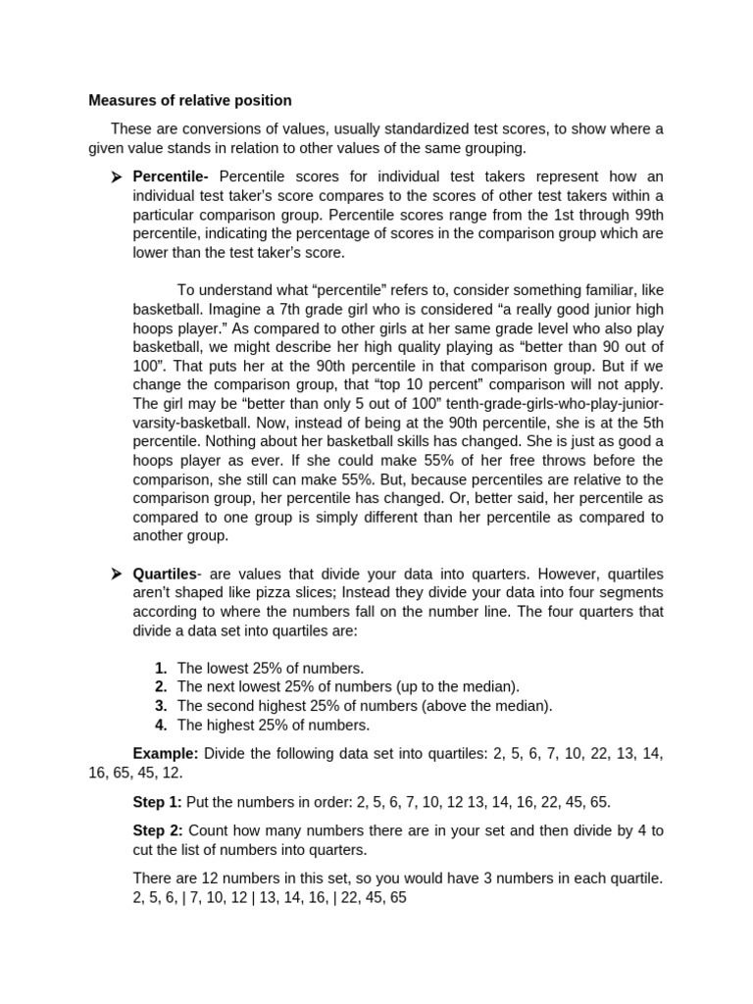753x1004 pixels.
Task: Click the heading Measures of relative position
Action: pos(189,100)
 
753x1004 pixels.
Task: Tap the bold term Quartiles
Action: pos(165,574)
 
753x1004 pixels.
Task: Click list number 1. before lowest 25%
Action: pos(161,668)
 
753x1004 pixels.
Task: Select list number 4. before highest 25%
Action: pos(161,725)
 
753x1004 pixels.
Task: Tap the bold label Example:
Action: pos(166,753)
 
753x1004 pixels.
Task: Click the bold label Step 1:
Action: pos(157,801)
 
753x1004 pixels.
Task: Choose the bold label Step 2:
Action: pos(157,830)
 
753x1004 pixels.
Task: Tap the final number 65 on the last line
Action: pos(397,897)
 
